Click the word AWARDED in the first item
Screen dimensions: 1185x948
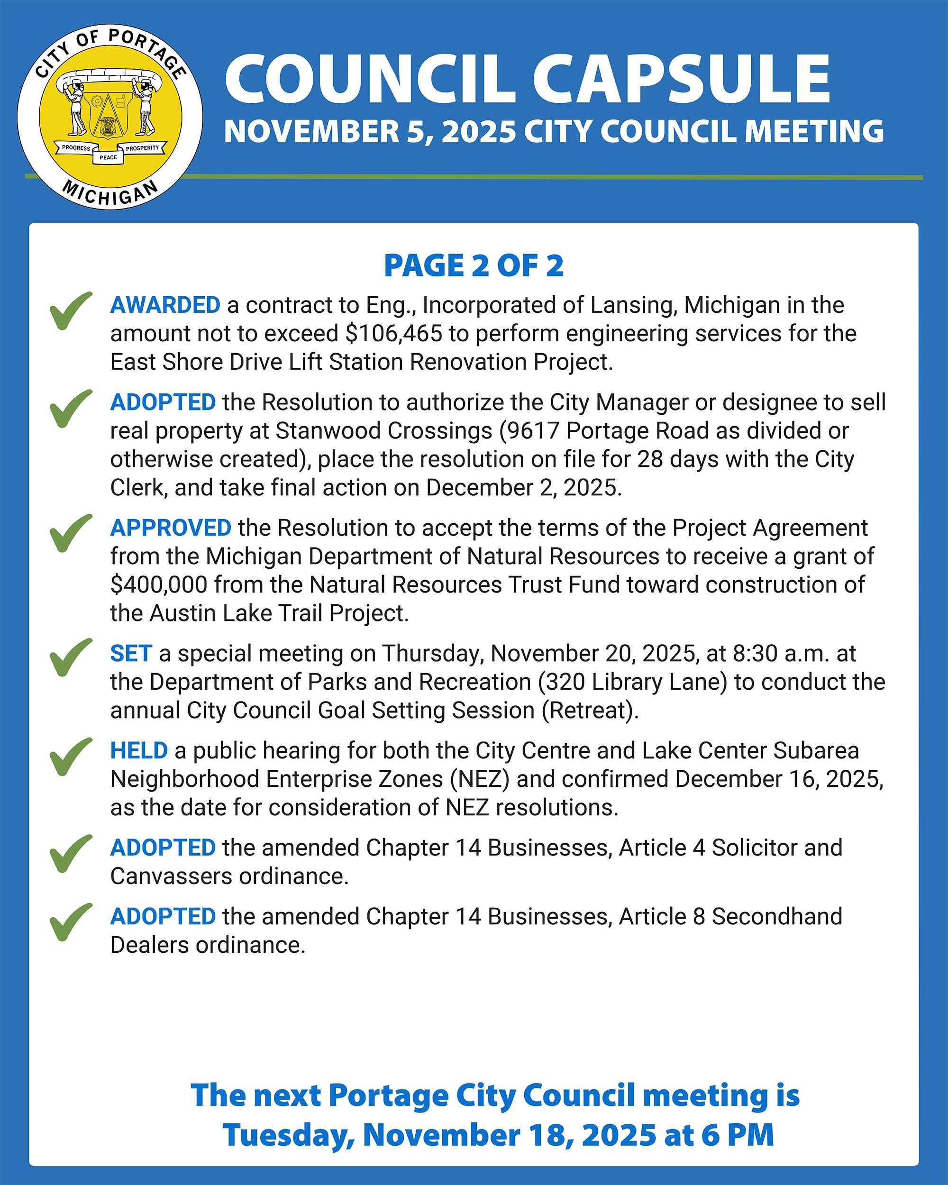click(x=165, y=305)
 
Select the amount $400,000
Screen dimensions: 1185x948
click(x=159, y=585)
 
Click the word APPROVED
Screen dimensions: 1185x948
click(x=170, y=528)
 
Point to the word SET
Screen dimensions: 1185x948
click(x=131, y=654)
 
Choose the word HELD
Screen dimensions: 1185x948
click(x=139, y=751)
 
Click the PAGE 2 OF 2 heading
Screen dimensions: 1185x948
click(x=474, y=266)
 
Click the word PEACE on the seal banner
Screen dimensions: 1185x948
click(x=108, y=158)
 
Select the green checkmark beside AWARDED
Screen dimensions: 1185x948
click(x=70, y=311)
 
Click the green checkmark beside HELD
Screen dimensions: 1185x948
click(x=70, y=757)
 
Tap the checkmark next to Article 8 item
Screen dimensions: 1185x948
click(x=70, y=922)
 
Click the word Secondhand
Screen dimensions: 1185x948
click(x=777, y=917)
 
